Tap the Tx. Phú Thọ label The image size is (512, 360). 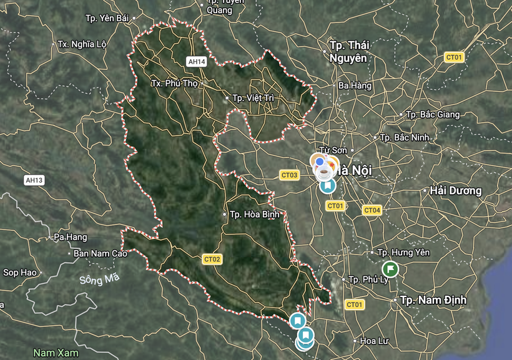(174, 84)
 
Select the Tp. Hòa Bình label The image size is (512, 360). (253, 214)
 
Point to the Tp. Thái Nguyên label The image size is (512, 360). (349, 52)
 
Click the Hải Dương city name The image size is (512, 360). (456, 190)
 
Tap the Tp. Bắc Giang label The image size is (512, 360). (433, 115)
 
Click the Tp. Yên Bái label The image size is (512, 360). (109, 18)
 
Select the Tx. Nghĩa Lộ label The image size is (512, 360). (82, 44)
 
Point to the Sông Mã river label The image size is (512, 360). (99, 280)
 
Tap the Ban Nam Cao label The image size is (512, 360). (101, 253)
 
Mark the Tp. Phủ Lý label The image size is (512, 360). (367, 280)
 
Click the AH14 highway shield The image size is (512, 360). (196, 61)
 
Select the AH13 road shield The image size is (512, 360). (34, 180)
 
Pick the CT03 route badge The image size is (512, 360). (289, 175)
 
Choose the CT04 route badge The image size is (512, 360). (372, 210)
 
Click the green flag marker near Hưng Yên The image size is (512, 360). (390, 269)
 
